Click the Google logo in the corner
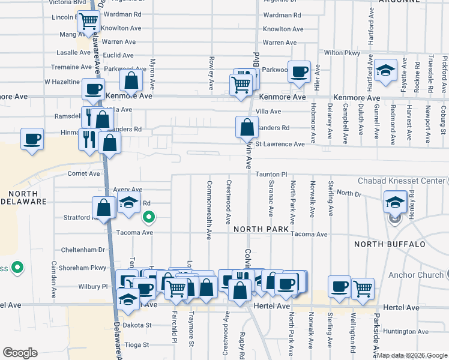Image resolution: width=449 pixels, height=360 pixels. click(x=20, y=353)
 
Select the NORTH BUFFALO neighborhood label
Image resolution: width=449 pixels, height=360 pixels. click(x=390, y=244)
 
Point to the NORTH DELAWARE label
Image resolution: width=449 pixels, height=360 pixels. click(x=23, y=198)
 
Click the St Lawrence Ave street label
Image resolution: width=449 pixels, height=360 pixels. click(x=280, y=144)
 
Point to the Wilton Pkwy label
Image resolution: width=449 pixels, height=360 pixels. click(x=342, y=53)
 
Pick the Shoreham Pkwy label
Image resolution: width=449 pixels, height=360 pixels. click(x=83, y=268)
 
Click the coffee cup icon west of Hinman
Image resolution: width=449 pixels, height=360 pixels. click(x=32, y=139)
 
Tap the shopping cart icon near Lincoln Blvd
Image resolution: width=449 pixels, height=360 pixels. click(x=89, y=22)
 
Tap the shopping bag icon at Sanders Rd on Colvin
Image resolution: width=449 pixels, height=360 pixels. click(x=247, y=127)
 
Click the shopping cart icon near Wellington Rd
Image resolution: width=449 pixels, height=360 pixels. click(x=363, y=288)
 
